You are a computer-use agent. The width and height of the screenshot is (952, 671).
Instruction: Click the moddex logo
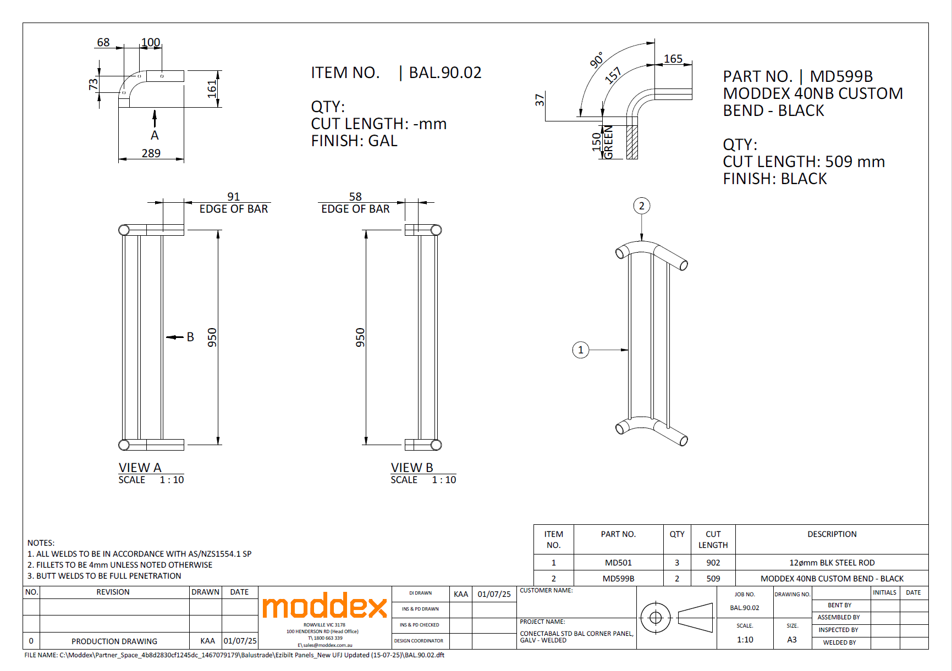[324, 606]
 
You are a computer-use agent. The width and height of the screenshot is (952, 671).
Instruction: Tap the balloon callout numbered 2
[641, 206]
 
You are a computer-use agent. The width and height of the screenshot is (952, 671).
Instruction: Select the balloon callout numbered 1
[581, 350]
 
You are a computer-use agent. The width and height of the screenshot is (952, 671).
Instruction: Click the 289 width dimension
[151, 153]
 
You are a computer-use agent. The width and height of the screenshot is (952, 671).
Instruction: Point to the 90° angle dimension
[597, 60]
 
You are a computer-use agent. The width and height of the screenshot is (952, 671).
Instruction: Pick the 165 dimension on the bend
[673, 59]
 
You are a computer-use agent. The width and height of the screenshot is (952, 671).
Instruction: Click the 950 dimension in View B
[360, 337]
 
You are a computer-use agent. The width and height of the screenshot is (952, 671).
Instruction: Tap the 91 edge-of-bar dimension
[234, 197]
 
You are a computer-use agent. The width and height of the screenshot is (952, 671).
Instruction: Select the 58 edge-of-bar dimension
[355, 197]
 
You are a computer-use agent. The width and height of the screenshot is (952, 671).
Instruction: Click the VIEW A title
[140, 468]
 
